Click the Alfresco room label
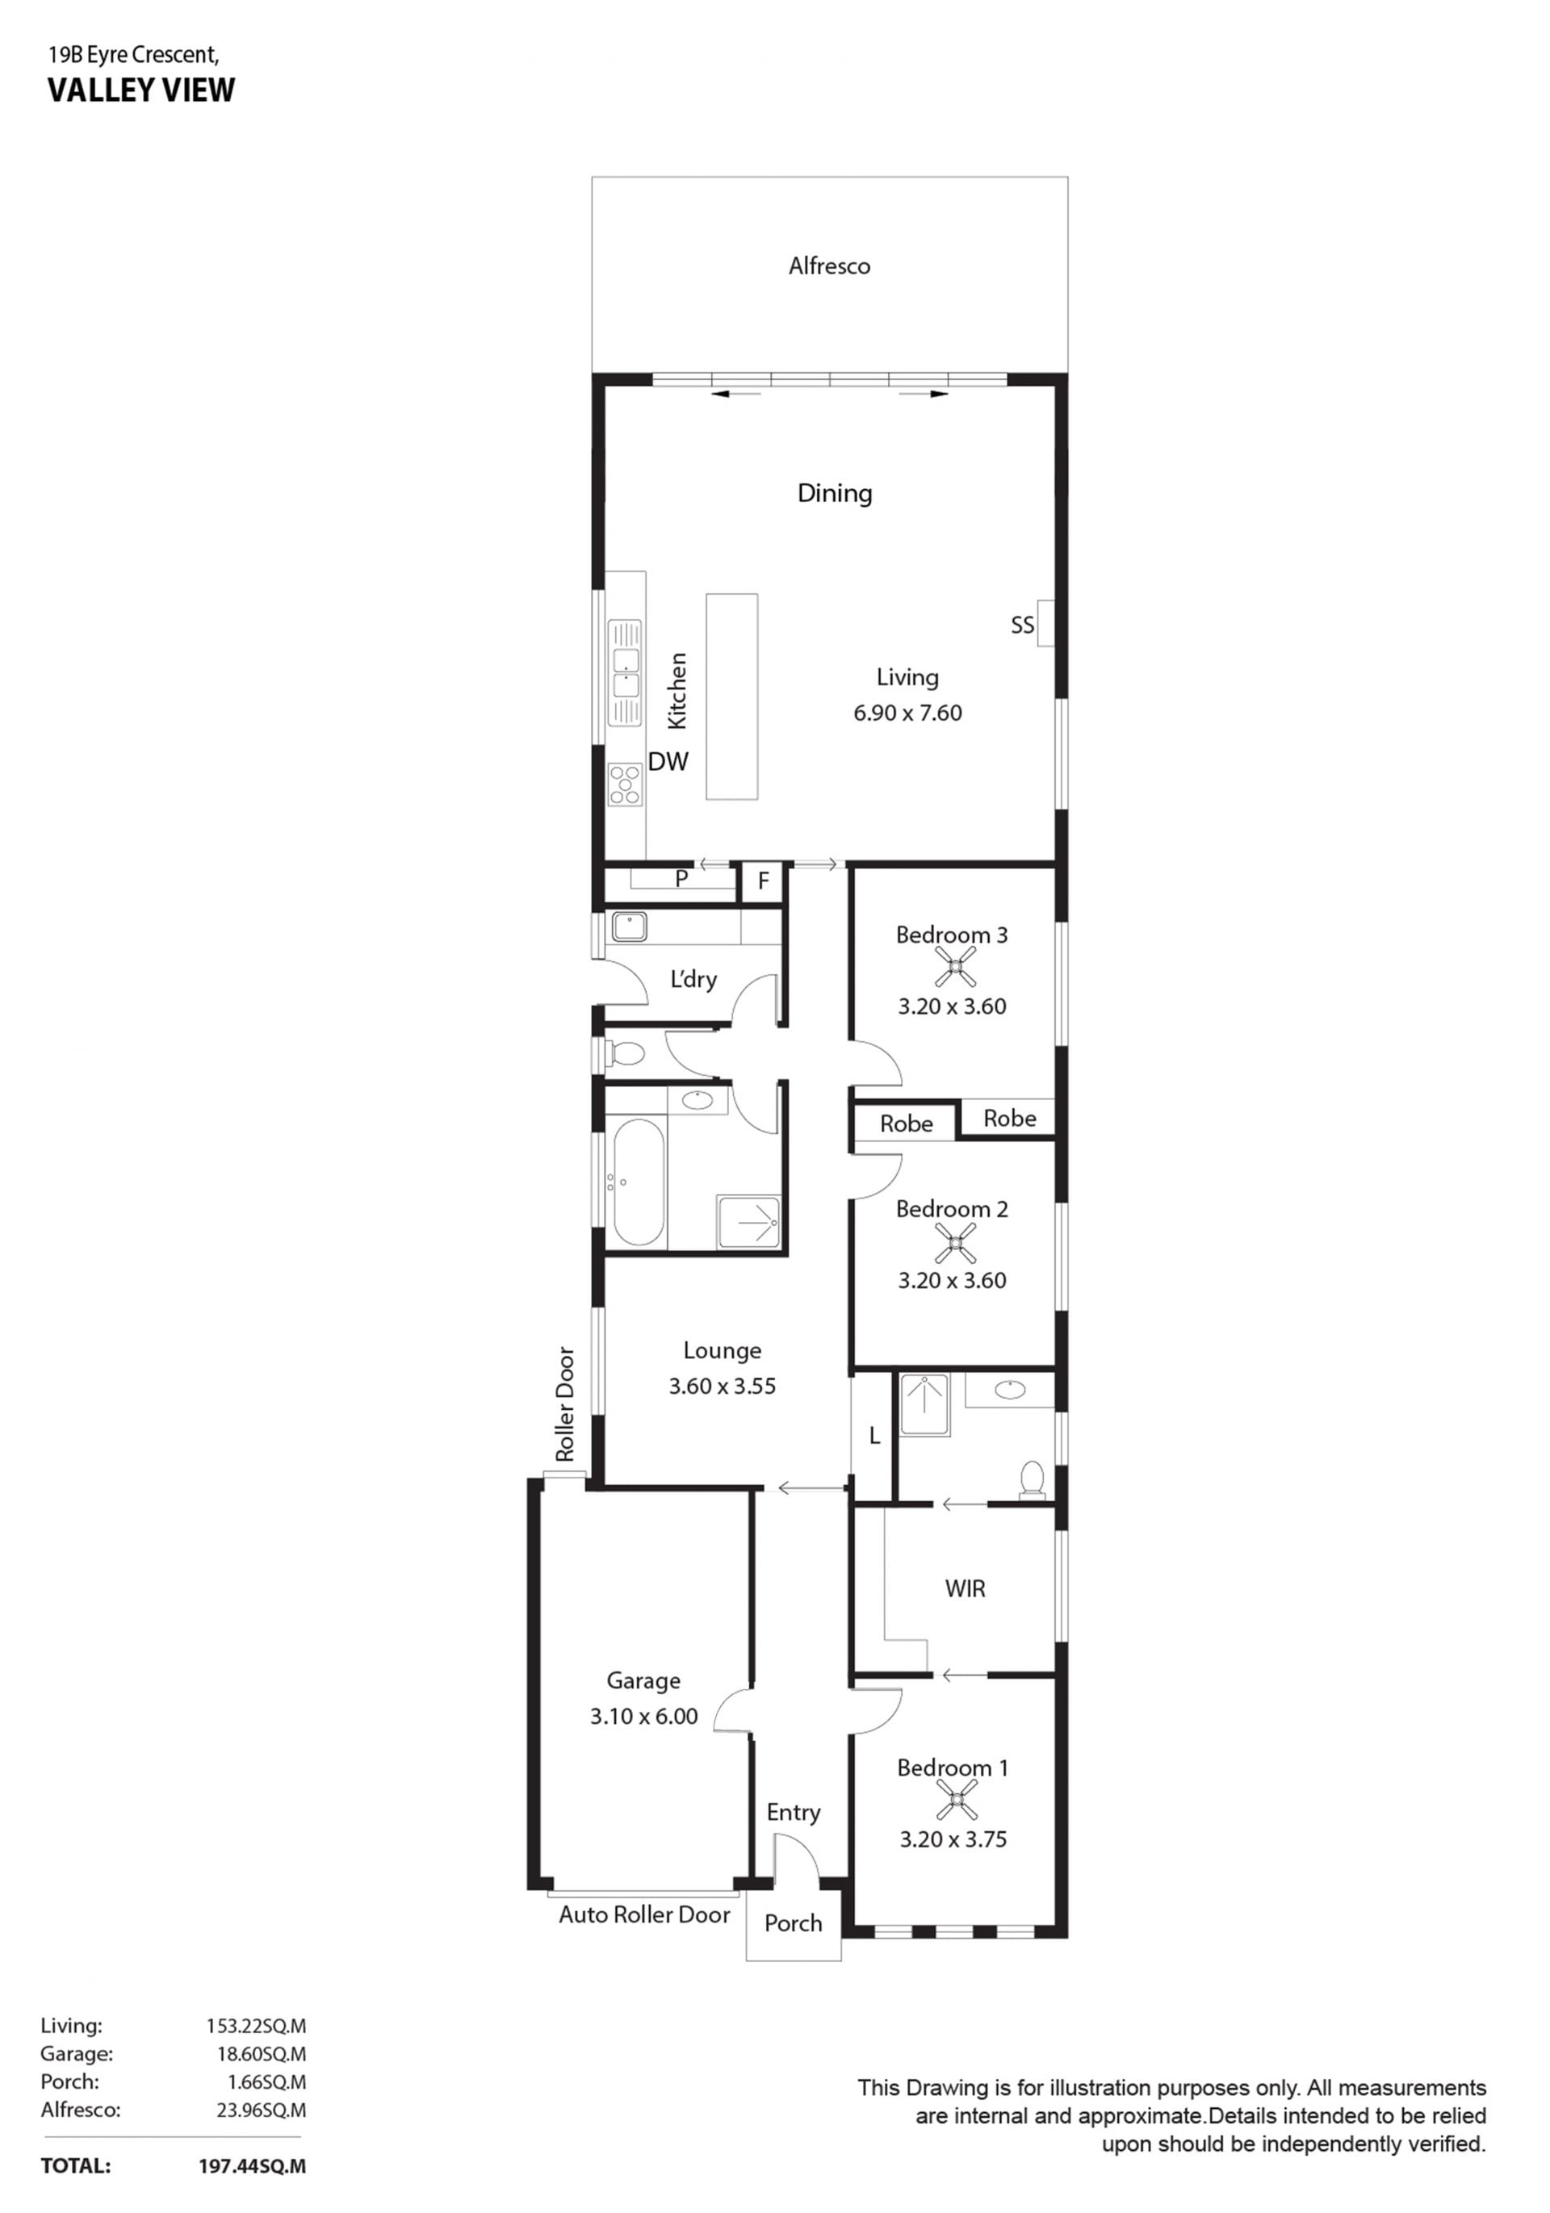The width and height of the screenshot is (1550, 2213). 829,266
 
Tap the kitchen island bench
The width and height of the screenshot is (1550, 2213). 731,696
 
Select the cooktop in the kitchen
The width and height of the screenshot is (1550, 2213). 626,784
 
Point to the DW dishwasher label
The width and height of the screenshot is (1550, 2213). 668,761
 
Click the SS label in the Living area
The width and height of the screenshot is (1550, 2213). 1022,625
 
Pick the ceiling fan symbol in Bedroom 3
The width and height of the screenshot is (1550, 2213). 954,967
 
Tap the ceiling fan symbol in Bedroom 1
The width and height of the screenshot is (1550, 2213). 954,1800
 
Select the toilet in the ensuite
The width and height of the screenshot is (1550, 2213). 1032,1479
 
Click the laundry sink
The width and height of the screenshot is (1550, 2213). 630,927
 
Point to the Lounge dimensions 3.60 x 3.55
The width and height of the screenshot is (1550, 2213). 722,1386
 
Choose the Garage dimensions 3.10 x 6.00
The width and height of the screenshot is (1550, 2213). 644,1716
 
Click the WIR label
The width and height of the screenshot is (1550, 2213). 965,1588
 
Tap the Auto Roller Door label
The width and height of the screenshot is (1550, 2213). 644,1914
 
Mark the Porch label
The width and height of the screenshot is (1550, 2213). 794,1923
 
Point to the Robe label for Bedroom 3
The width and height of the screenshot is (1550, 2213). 1009,1118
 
